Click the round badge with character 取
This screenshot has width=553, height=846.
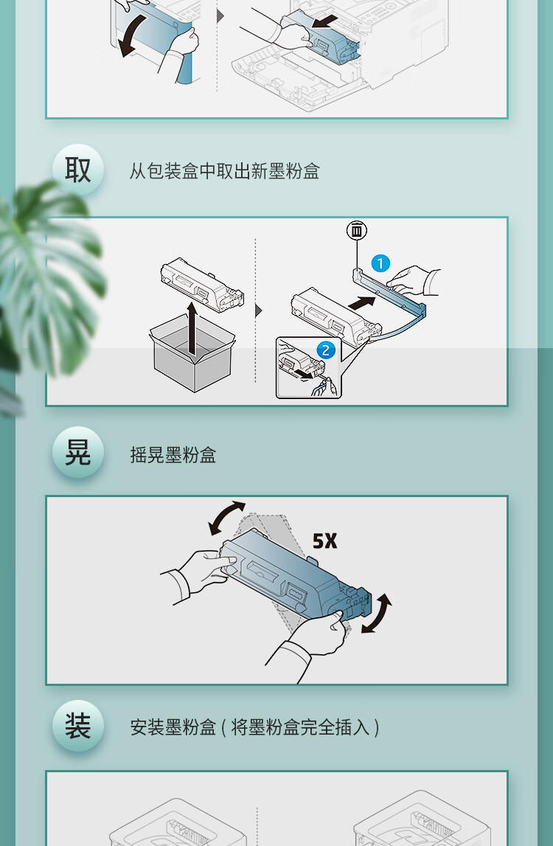coord(77,170)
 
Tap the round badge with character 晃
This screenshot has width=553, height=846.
coord(77,452)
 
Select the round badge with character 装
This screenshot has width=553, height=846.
coord(77,726)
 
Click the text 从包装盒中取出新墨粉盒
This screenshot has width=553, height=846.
coord(224,171)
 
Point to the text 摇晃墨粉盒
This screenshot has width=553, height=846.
coord(173,455)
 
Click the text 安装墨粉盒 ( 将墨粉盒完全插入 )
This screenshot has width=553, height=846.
coord(254,727)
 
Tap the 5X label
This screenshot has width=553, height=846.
coord(324,541)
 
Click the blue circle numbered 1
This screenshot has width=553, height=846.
coord(380,264)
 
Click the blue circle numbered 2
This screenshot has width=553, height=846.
coord(325,350)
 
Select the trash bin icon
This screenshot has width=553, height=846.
coord(357,231)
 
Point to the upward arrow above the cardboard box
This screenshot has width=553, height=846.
coord(192,328)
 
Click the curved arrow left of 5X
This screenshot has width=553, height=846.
coord(225,518)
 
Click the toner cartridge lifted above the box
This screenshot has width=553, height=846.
coord(202,285)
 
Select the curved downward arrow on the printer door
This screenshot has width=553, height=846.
coord(132,35)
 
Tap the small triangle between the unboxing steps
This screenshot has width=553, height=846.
coord(258,311)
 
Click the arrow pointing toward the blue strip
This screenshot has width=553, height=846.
coord(361,302)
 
